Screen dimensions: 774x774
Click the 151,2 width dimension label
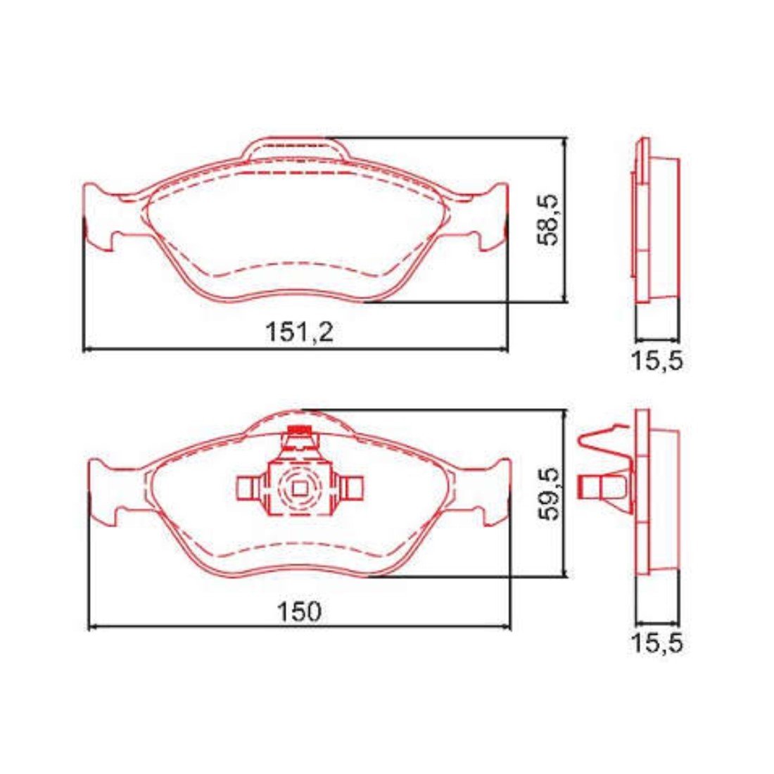[300, 331]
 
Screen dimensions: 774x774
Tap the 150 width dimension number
[299, 611]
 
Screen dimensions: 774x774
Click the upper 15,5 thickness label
[657, 362]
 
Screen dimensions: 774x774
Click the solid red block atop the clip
[299, 429]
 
